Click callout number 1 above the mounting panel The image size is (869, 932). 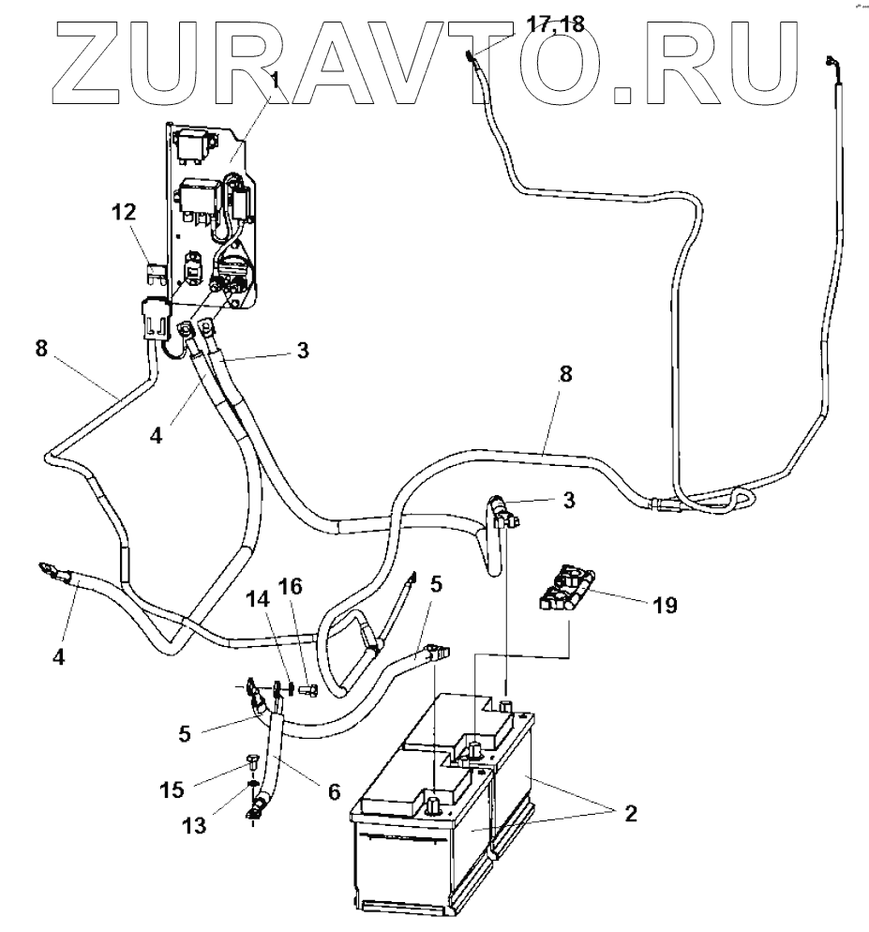275,82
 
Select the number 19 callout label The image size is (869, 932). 665,607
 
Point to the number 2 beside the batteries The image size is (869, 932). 629,812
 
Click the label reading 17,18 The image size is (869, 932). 557,25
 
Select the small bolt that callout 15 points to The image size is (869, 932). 251,759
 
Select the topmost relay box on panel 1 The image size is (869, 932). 199,144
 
